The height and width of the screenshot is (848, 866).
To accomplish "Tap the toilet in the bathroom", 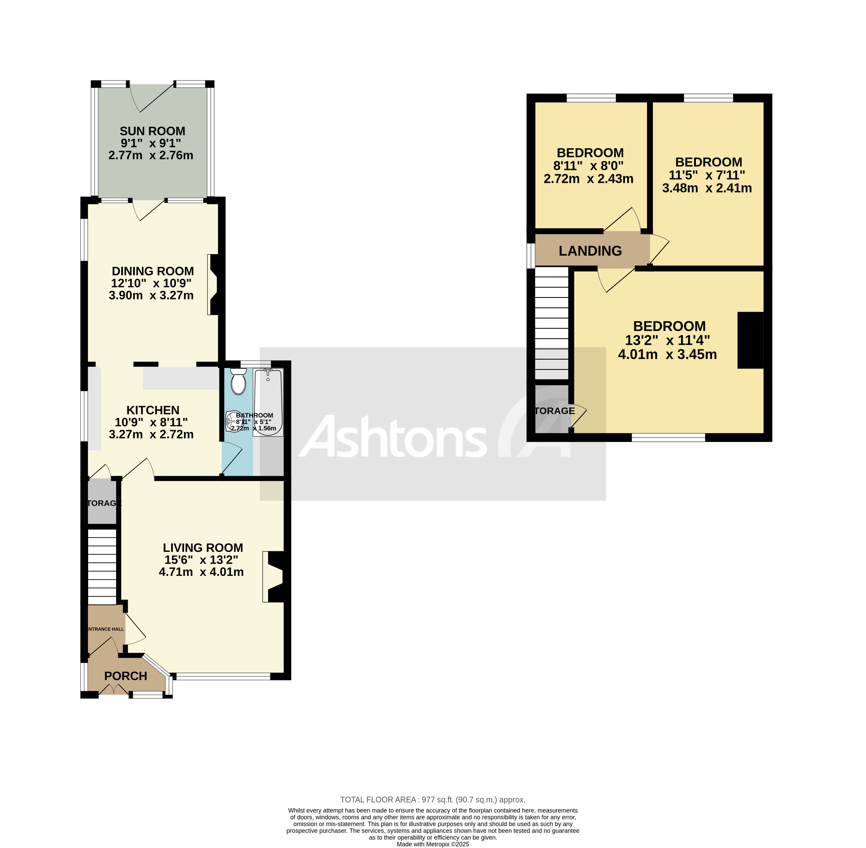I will pyautogui.click(x=239, y=382).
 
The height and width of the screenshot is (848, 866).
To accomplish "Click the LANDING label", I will pyautogui.click(x=590, y=251).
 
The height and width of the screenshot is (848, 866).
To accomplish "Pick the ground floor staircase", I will pyautogui.click(x=102, y=566).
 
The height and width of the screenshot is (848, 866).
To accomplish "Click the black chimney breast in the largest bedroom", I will pyautogui.click(x=751, y=340).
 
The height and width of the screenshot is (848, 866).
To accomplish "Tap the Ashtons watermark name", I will pyautogui.click(x=392, y=437).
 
